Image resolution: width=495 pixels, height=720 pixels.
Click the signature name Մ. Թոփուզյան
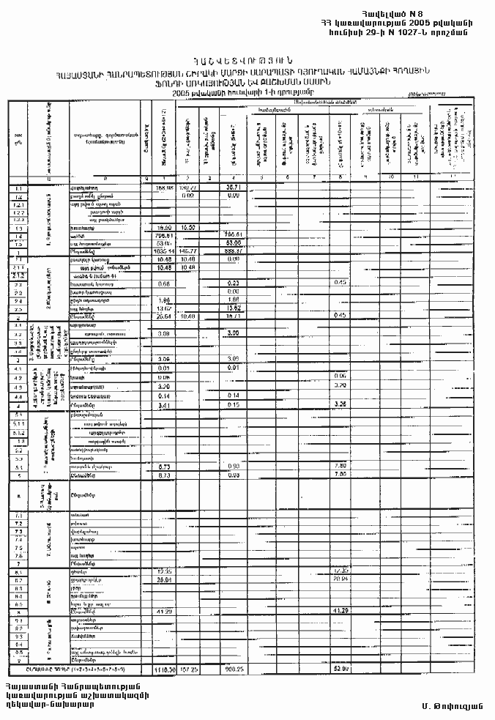point(450,705)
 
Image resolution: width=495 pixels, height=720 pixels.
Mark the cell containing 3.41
point(163,404)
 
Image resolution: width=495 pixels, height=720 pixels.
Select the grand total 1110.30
point(163,669)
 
